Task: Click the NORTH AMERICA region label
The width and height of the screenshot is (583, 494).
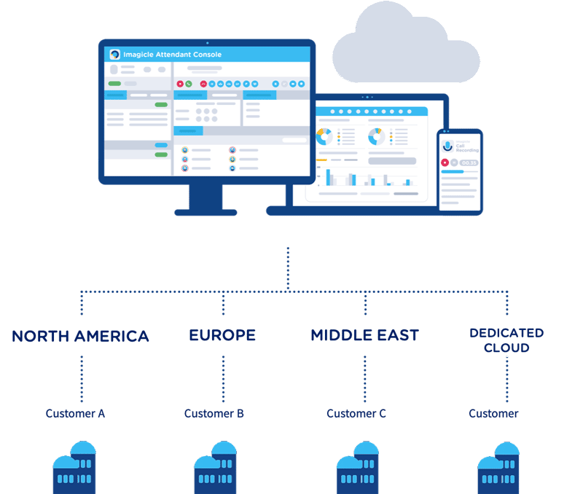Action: [x=80, y=336]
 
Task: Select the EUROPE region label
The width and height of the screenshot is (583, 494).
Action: [x=222, y=335]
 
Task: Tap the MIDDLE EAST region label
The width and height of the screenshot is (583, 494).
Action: [x=364, y=335]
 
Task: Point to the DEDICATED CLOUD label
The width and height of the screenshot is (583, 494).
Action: [x=506, y=340]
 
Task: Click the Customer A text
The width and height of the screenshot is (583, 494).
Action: [x=75, y=413]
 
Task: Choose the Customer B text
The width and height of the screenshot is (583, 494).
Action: [x=214, y=413]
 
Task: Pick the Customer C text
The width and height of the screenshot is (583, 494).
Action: [x=356, y=413]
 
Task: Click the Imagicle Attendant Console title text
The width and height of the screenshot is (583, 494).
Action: [x=173, y=55]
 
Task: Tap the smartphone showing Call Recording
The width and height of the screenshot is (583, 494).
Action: [x=460, y=170]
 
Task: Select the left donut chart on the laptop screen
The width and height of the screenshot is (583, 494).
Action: [x=324, y=136]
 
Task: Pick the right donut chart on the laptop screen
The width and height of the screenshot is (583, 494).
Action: [x=376, y=136]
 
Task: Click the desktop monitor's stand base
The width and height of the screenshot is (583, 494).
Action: [x=206, y=212]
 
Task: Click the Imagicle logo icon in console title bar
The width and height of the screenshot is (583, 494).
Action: [x=114, y=55]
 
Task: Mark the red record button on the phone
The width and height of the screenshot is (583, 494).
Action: [x=445, y=162]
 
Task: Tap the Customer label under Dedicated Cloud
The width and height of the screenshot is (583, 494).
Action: [x=493, y=413]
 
